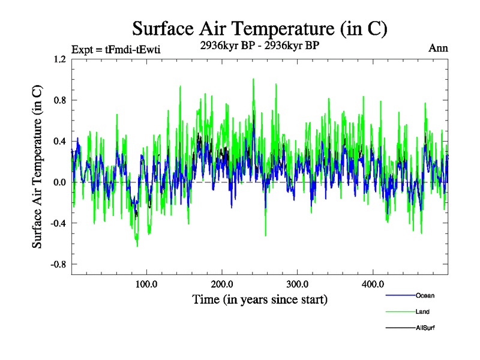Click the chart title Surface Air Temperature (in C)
point(260,28)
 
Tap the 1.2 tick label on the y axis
point(59,59)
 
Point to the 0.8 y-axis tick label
point(59,100)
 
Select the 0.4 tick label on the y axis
point(59,141)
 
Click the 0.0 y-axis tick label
point(59,182)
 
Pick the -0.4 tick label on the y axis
point(58,223)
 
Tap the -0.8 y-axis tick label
point(58,264)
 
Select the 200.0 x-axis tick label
point(222,284)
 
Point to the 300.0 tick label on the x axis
point(298,284)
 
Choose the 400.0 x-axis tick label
point(373,284)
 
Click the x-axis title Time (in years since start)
point(260,299)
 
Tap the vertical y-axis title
point(37,167)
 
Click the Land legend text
point(422,311)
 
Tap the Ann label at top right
point(438,48)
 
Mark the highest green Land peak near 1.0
point(253,79)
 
